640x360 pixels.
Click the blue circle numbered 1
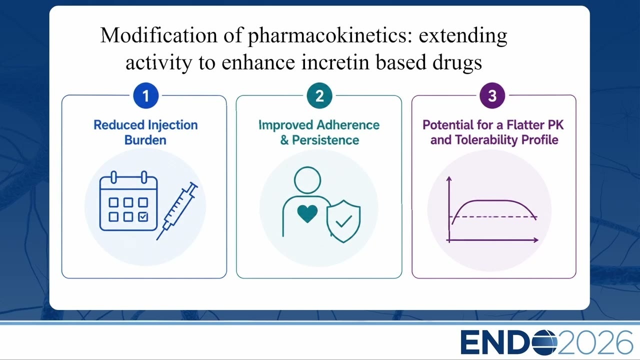point(145,95)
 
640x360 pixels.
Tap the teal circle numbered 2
point(319,95)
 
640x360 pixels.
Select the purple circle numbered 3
point(492,95)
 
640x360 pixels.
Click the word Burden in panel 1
point(145,140)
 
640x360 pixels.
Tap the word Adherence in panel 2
point(348,125)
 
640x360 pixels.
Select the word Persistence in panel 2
point(325,140)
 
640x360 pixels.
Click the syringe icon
point(177,211)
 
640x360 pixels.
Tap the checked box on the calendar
point(143,216)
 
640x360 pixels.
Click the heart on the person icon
point(307,213)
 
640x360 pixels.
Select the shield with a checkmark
point(343,221)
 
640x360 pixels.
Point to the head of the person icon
point(307,180)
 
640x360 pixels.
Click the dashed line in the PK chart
point(493,217)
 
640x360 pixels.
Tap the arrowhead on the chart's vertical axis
point(449,179)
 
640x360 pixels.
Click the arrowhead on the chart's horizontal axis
point(536,240)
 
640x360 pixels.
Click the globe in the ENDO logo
point(544,342)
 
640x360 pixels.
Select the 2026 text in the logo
point(595,342)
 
